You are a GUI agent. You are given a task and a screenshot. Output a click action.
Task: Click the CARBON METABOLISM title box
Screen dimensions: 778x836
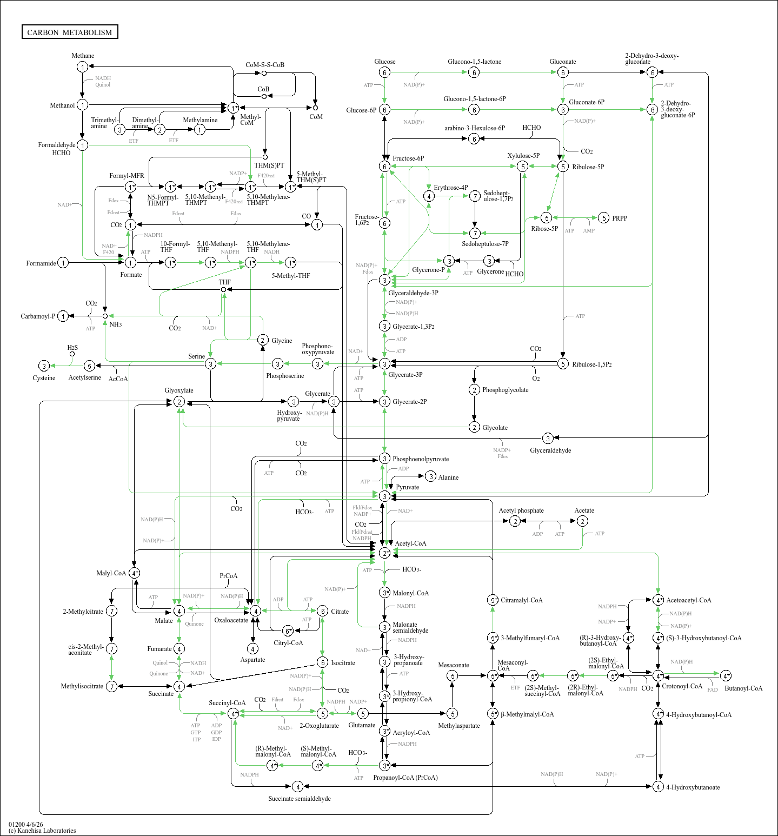coord(70,32)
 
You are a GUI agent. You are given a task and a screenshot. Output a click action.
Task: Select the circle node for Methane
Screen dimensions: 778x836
coord(82,67)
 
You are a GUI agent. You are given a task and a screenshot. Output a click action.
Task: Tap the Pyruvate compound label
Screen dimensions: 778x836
coord(407,487)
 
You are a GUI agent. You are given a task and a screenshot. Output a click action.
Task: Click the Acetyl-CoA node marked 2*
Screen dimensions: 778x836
coord(384,553)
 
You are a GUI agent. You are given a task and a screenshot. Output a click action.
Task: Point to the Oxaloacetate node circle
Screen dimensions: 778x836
coord(255,611)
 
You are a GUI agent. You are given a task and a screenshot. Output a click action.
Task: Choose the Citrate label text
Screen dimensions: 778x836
coord(340,612)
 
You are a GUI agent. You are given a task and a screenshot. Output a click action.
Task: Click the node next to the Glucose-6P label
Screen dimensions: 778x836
coord(384,110)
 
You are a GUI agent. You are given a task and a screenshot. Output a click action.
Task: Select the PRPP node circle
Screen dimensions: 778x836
coord(604,218)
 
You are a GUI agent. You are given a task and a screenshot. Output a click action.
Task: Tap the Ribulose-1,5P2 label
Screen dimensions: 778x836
coord(592,364)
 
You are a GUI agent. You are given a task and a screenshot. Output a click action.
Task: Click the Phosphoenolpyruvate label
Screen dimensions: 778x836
coord(421,459)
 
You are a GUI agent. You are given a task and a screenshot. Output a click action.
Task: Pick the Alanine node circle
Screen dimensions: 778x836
coord(430,476)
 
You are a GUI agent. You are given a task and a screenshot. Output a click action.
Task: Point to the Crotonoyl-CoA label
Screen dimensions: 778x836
coord(682,686)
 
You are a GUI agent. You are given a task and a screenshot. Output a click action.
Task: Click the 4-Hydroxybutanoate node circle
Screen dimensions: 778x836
coord(658,786)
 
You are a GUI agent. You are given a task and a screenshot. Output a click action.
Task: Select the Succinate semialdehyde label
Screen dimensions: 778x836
coord(300,799)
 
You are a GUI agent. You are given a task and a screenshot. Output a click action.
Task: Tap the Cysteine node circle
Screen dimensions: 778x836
coord(44,366)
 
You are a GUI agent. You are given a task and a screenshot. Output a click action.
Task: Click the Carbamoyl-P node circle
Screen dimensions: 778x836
coord(63,316)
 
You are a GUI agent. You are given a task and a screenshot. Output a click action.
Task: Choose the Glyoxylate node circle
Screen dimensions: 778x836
coord(179,402)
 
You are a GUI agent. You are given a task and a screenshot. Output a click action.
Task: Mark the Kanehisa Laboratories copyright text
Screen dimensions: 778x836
coord(42,831)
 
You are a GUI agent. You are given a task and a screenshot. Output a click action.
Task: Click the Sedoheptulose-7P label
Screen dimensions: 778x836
coord(485,244)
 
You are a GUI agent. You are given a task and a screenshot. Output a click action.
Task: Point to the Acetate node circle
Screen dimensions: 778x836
coord(582,521)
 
